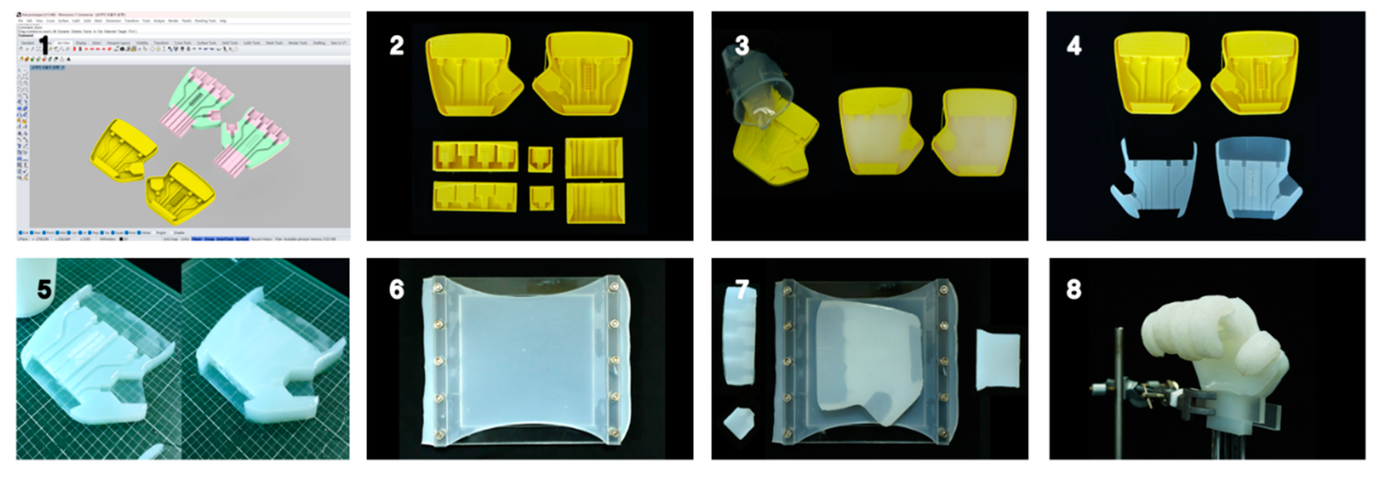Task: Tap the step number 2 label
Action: [396, 46]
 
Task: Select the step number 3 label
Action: [742, 46]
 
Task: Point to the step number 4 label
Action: [1074, 46]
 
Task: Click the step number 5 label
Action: [44, 290]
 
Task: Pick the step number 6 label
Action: [396, 290]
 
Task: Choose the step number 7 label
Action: [742, 290]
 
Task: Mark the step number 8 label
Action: [1074, 290]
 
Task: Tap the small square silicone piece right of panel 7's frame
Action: [998, 359]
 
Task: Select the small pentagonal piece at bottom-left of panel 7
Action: [739, 423]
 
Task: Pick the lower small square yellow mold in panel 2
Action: [541, 198]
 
